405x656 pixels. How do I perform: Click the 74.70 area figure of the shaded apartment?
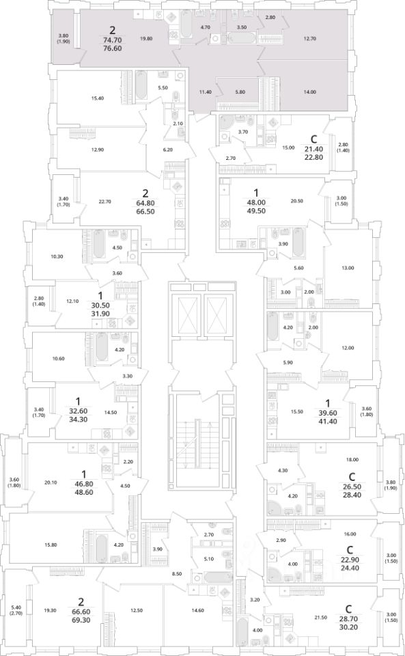(112, 40)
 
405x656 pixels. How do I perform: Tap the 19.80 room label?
(146, 38)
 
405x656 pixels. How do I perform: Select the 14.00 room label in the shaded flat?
(309, 92)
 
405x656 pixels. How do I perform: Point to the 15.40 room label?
(98, 98)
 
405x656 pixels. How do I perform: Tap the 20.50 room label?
(296, 201)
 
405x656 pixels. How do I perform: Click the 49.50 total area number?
(256, 211)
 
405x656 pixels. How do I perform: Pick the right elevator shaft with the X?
(217, 316)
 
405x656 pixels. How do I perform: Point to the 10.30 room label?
(57, 256)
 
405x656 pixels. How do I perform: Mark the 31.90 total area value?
(100, 314)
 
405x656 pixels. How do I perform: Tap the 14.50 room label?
(111, 413)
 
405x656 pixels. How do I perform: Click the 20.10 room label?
(50, 482)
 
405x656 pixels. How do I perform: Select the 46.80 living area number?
(84, 484)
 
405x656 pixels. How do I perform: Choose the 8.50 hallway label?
(177, 574)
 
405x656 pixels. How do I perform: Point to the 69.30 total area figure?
(81, 620)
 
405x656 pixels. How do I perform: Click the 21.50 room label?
(320, 617)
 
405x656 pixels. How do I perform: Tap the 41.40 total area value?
(327, 422)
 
